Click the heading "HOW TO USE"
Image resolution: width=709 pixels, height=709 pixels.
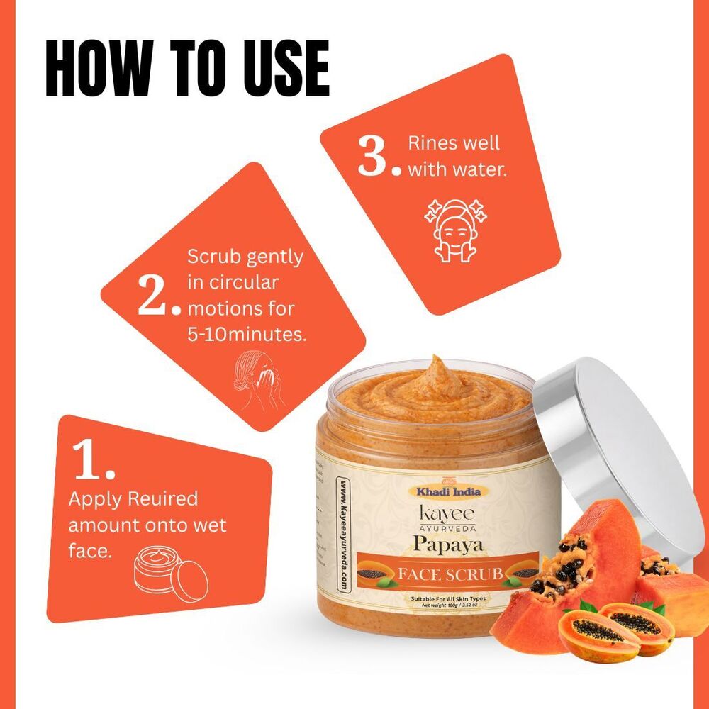point(187,69)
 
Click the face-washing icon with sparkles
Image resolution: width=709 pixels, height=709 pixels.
point(454,228)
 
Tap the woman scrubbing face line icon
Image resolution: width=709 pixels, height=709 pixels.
point(258,382)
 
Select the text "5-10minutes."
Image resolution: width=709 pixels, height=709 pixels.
point(247,335)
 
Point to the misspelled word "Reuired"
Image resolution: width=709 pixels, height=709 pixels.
point(162,498)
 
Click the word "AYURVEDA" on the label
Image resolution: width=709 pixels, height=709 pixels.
point(445,527)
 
